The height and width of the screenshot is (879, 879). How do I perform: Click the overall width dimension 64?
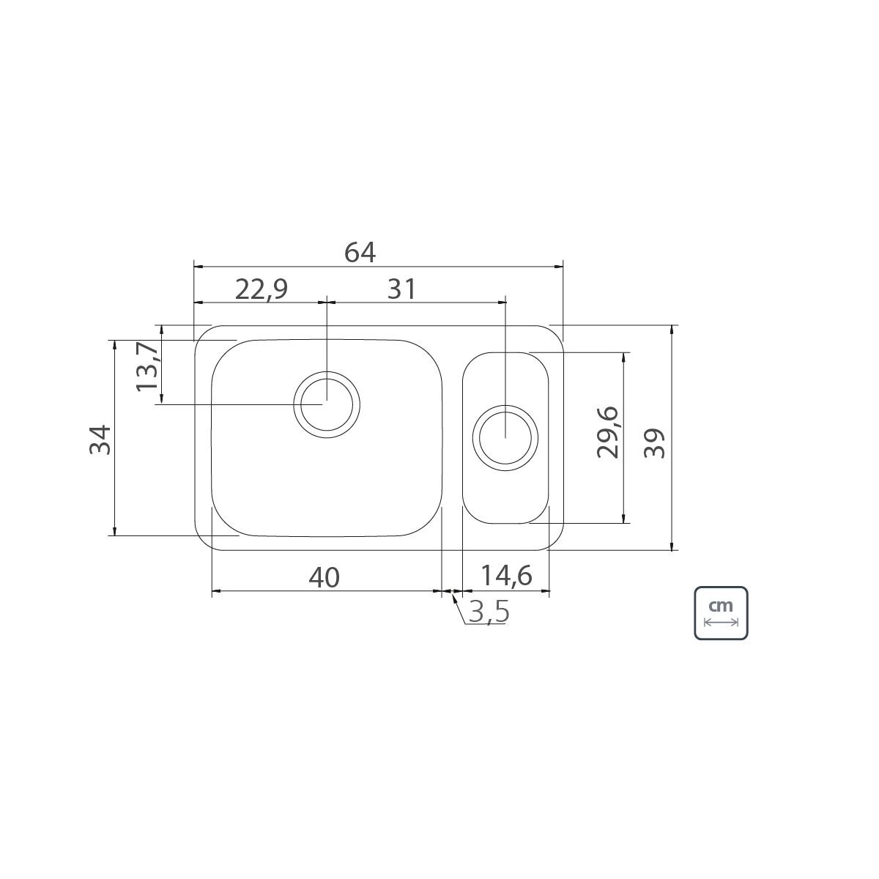(x=360, y=253)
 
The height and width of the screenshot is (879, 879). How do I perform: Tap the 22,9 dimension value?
(x=262, y=289)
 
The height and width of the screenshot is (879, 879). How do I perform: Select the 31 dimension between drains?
(x=401, y=289)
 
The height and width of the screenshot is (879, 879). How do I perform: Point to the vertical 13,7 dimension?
(x=147, y=367)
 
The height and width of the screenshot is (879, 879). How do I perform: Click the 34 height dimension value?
(x=100, y=439)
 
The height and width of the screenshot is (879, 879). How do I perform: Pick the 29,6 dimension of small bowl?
(x=607, y=432)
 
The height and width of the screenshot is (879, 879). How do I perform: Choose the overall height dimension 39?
(x=655, y=443)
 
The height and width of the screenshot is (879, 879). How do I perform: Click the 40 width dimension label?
(x=324, y=577)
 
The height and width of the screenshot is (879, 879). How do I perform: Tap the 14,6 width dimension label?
(x=506, y=575)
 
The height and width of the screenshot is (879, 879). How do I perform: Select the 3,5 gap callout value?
(x=489, y=612)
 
